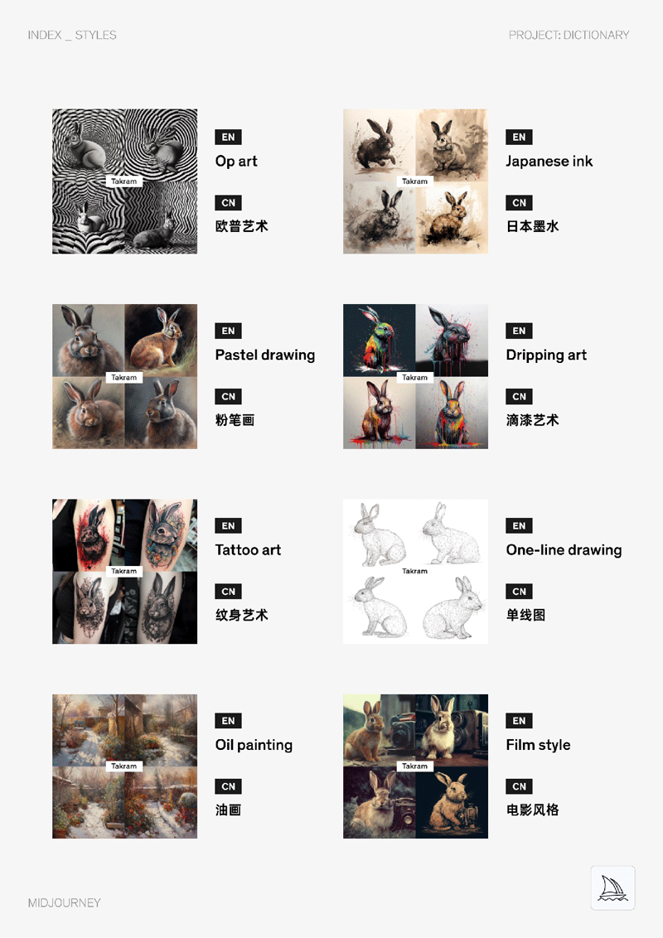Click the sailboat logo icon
point(612,887)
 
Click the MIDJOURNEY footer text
point(64,902)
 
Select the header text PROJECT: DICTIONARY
point(569,36)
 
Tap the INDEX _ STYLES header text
point(72,36)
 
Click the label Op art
point(236,162)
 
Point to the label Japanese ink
point(549,162)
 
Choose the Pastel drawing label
point(265,355)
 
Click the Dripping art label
point(546,355)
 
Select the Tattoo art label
point(249,550)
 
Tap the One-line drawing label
point(564,550)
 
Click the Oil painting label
point(254,746)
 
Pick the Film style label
point(538,746)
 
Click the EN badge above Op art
point(228,137)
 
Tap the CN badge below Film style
point(519,786)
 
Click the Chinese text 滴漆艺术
point(533,421)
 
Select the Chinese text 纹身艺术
point(242,615)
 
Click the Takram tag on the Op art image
point(123,181)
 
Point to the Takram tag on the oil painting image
point(123,766)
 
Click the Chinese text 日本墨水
point(533,226)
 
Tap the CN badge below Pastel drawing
point(228,397)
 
